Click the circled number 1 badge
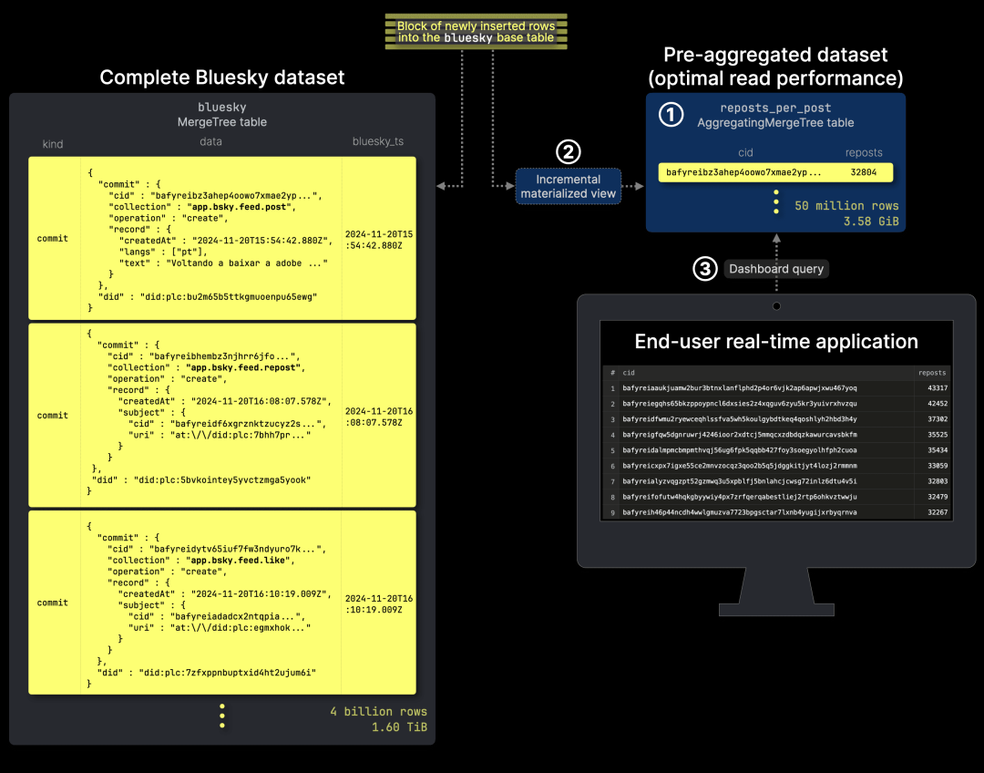tap(671, 115)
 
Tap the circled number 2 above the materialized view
tap(569, 152)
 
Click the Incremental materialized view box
tap(569, 186)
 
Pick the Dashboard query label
tap(776, 269)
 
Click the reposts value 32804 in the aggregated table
tap(863, 171)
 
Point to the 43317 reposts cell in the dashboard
tap(933, 387)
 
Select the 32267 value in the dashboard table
tap(933, 512)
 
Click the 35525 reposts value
tap(933, 435)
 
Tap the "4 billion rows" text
tap(378, 711)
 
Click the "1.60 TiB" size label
tap(399, 727)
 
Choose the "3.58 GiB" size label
tap(870, 222)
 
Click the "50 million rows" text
tap(846, 205)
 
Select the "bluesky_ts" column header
tap(378, 142)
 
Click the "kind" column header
tap(52, 144)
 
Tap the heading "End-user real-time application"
tap(776, 342)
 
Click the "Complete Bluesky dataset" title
tap(222, 77)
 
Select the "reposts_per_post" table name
tap(775, 108)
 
